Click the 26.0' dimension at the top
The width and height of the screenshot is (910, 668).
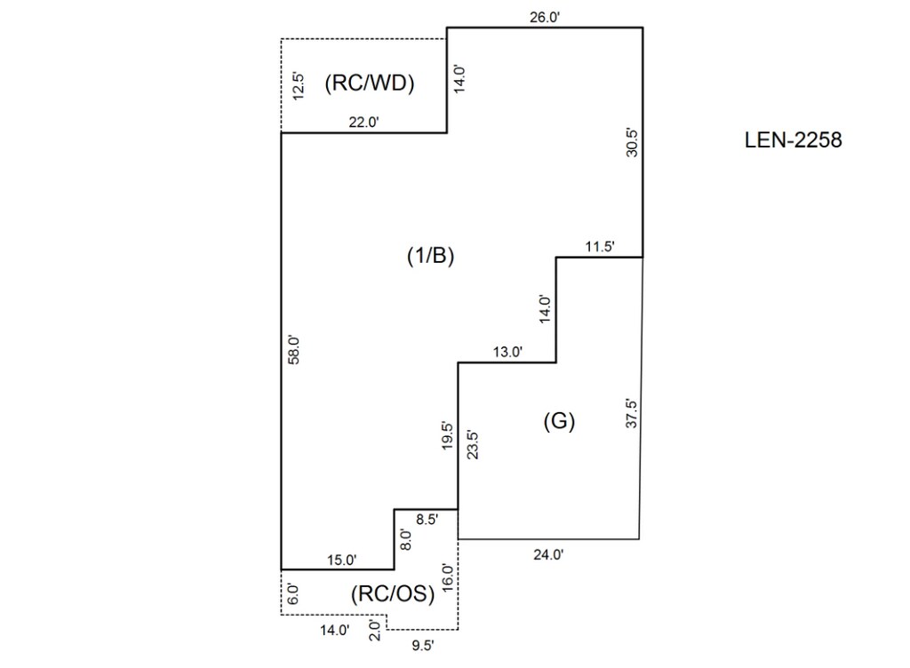[x=544, y=16]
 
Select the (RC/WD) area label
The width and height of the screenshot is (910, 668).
[x=371, y=84]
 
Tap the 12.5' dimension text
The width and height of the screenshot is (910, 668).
[x=299, y=85]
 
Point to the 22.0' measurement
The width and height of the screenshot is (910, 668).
[x=363, y=123]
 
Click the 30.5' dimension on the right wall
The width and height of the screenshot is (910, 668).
[x=632, y=142]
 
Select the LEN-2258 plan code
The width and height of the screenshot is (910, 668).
[x=793, y=139]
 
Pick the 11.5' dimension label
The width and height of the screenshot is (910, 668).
[x=599, y=247]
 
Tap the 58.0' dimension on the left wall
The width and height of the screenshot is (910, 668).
[x=298, y=350]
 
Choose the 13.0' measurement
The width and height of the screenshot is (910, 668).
[x=507, y=352]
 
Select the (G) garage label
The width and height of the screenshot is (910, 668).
[x=559, y=422]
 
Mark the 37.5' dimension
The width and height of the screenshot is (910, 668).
[x=632, y=411]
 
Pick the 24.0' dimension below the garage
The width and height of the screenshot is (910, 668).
[x=547, y=554]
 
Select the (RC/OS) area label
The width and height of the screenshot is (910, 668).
[x=393, y=594]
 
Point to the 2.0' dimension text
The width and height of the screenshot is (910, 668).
[x=374, y=631]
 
